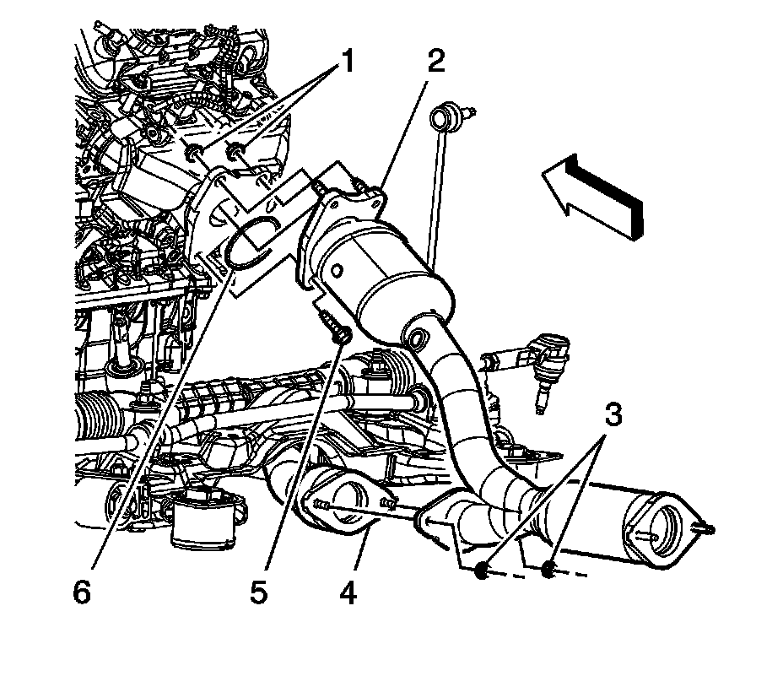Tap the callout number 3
[x=613, y=414]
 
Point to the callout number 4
[x=348, y=593]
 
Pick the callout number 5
[x=259, y=593]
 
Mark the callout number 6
[x=81, y=593]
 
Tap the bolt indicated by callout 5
[x=336, y=328]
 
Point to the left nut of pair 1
[x=194, y=151]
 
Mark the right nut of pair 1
[x=236, y=152]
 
